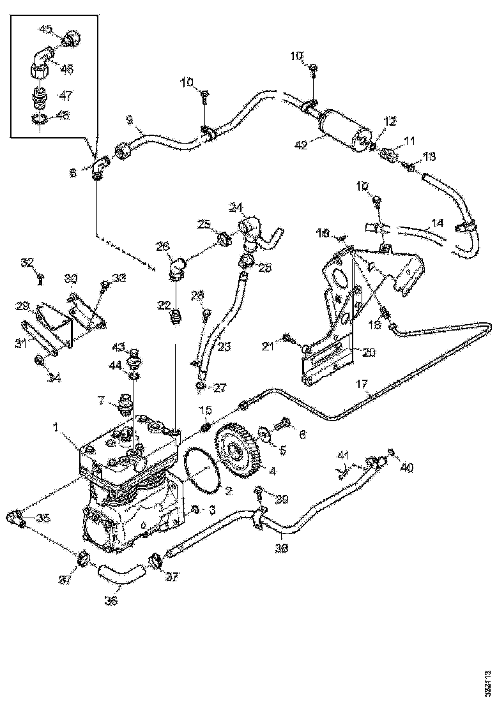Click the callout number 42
click(x=301, y=144)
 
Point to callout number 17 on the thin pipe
click(x=362, y=385)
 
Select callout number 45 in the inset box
click(x=46, y=29)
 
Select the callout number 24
click(x=236, y=207)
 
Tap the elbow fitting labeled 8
click(x=100, y=169)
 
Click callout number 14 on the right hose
click(x=438, y=223)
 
